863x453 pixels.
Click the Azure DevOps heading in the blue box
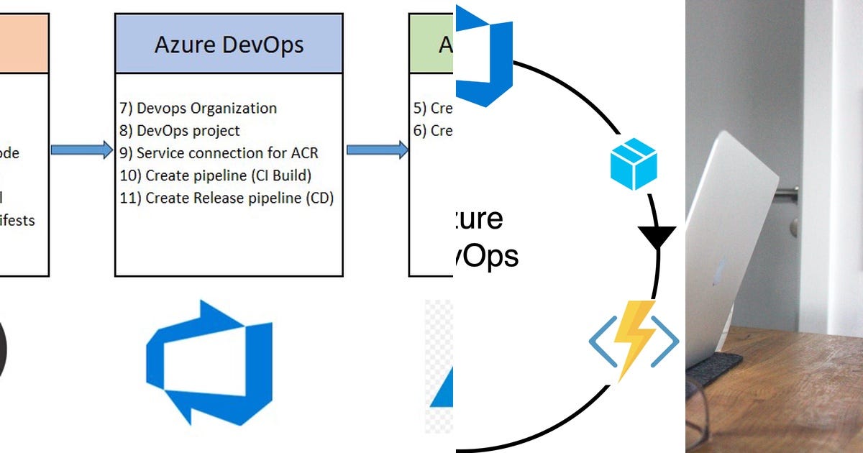pyautogui.click(x=229, y=45)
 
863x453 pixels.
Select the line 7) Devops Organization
pyautogui.click(x=198, y=109)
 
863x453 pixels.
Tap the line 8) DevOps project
pyautogui.click(x=180, y=131)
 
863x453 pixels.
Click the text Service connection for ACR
pyautogui.click(x=227, y=153)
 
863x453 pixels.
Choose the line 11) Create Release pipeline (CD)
pyautogui.click(x=227, y=198)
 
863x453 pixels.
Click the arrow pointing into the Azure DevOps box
pyautogui.click(x=81, y=150)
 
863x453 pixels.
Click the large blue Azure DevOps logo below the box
pyautogui.click(x=209, y=362)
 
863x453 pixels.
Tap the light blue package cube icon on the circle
pyautogui.click(x=634, y=164)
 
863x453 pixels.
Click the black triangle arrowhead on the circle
pyautogui.click(x=657, y=238)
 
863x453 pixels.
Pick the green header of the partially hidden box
pyautogui.click(x=431, y=43)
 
